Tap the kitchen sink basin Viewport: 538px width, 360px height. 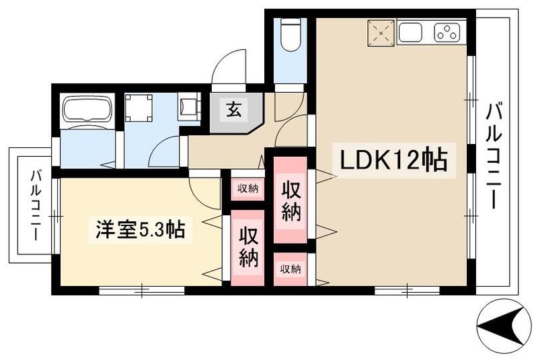[410, 32]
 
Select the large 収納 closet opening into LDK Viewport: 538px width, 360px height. [291, 201]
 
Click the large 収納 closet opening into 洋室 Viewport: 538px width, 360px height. [248, 247]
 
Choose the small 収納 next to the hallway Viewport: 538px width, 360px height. [248, 188]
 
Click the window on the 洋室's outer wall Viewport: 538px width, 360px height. [142, 291]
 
